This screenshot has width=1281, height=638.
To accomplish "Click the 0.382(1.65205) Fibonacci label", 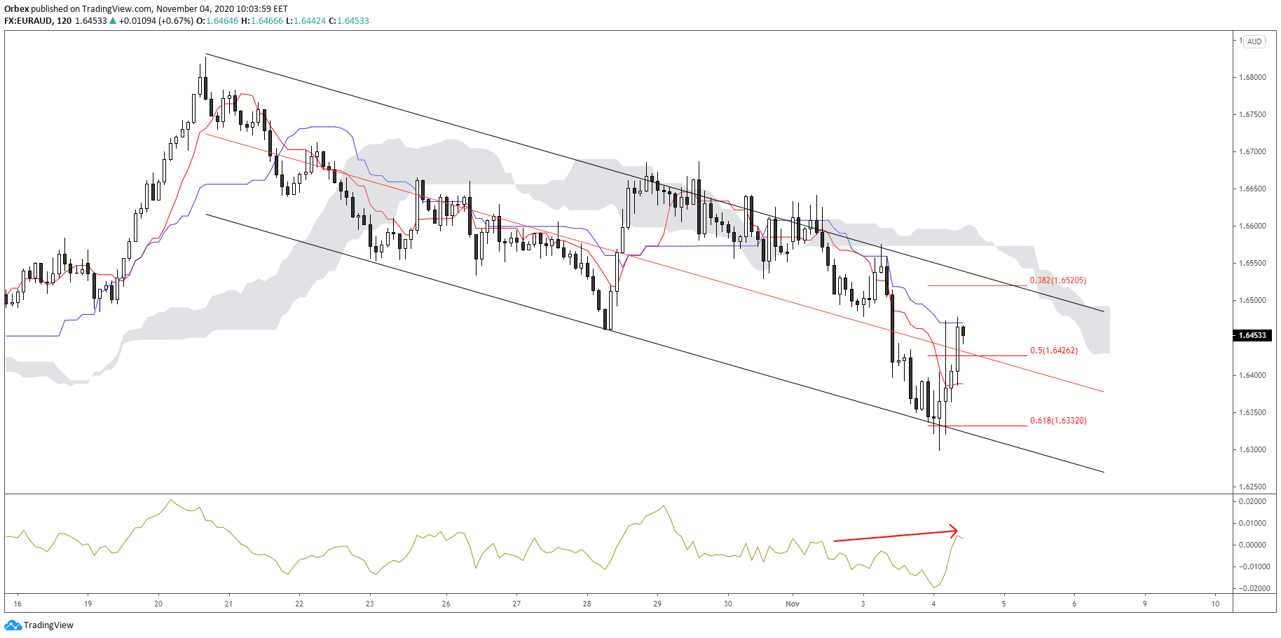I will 1057,280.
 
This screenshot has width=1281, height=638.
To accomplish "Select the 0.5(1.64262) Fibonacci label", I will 1054,351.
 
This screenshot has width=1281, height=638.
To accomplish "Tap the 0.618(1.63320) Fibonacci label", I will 1058,421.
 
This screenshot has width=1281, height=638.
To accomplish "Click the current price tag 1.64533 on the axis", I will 1252,335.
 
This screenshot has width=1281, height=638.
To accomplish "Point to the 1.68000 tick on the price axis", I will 1252,77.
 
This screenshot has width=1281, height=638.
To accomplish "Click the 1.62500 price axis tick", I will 1252,487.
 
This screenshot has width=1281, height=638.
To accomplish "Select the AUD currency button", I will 1254,41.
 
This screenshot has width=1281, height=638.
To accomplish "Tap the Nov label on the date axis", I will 793,604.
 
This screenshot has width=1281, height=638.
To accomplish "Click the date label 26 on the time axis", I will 446,604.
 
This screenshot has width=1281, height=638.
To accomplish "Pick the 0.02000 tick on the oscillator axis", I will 1252,502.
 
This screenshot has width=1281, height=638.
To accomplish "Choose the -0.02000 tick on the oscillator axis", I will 1251,588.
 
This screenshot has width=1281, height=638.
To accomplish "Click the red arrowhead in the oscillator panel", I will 954,530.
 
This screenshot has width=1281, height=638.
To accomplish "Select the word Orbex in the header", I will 16,9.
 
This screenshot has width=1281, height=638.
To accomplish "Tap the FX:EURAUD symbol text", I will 28,21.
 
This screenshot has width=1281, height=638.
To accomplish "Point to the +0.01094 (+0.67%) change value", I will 156,21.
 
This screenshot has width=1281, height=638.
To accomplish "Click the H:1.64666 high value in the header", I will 262,21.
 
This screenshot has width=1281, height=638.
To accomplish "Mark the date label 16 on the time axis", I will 18,604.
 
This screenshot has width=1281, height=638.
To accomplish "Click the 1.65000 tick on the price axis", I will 1252,301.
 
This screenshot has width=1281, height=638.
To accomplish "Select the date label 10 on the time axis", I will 1215,604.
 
